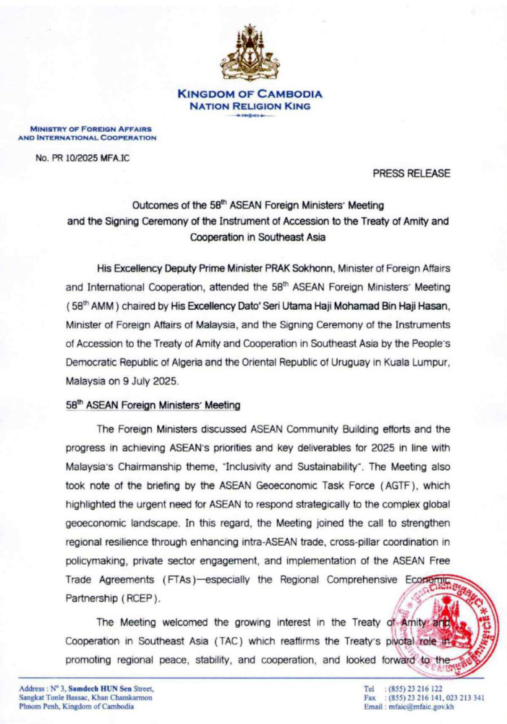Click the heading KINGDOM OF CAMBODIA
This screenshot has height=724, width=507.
[x=250, y=94]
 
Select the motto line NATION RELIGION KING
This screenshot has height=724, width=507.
[x=250, y=106]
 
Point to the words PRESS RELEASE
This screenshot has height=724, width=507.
[x=412, y=173]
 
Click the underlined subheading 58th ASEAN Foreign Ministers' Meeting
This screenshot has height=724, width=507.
[x=153, y=405]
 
